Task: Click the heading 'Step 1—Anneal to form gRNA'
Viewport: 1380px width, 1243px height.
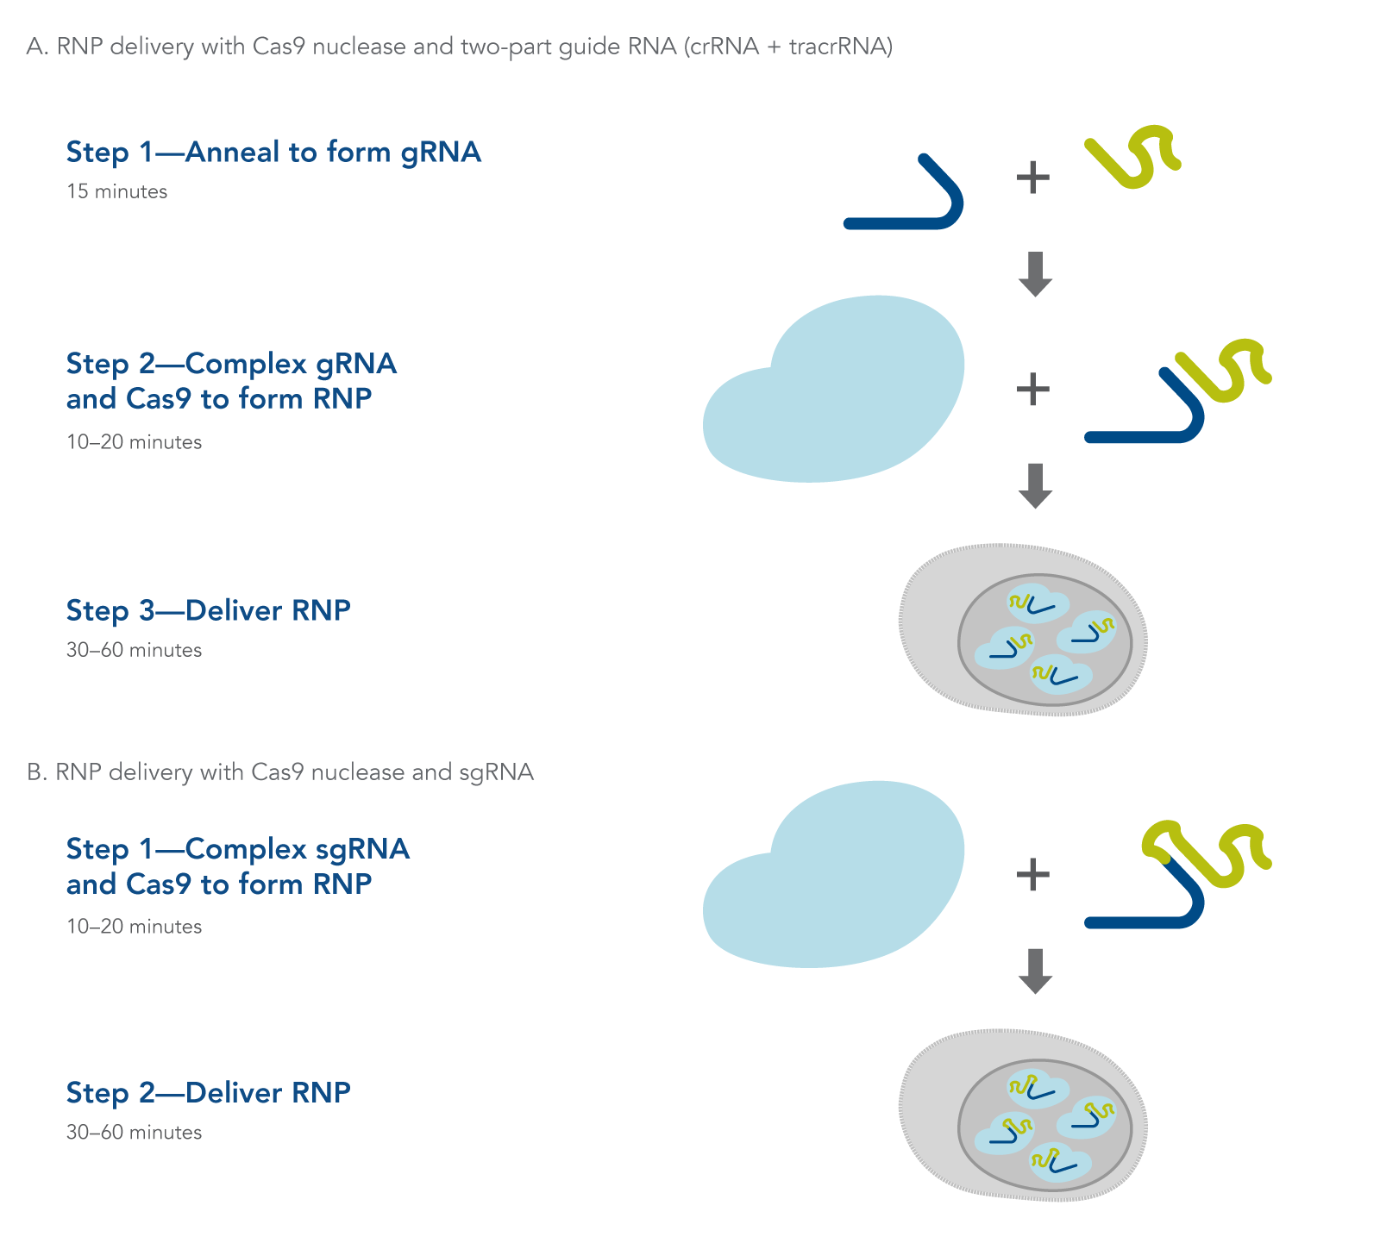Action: [x=273, y=153]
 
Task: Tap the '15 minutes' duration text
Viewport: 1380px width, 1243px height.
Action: [x=116, y=191]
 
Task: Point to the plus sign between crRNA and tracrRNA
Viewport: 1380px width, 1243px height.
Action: [x=1032, y=178]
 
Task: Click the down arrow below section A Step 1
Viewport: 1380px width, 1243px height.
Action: [x=1035, y=274]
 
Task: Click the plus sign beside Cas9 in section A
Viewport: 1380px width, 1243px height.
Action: [x=1032, y=390]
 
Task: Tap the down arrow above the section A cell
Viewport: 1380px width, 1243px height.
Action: [x=1035, y=485]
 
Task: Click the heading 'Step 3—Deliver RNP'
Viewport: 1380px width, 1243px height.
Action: [x=208, y=610]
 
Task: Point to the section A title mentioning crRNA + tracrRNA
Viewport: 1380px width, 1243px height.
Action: [x=460, y=47]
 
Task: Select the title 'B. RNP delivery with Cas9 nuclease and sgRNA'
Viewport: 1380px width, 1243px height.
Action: [x=280, y=772]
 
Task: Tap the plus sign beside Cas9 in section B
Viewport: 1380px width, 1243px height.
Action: [x=1032, y=875]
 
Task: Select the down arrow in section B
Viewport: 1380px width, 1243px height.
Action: [x=1035, y=971]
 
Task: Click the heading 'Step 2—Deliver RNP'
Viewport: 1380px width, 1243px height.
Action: [x=208, y=1093]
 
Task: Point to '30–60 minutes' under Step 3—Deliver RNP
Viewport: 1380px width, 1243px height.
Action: [x=134, y=650]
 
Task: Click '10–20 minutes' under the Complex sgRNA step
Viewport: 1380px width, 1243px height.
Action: [x=134, y=927]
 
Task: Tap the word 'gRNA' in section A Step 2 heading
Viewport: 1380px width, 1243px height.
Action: [x=356, y=364]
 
